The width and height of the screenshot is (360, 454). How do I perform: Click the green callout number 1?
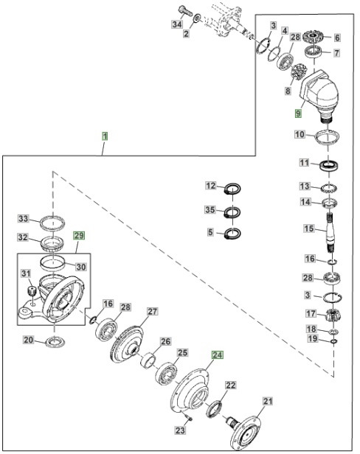105,136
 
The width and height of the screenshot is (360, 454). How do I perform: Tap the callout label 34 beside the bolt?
177,24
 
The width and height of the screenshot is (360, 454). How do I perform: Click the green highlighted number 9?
299,113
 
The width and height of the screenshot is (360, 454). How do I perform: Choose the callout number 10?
299,135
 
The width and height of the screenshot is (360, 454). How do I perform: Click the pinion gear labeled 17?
331,315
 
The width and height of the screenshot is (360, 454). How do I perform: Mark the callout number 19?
313,340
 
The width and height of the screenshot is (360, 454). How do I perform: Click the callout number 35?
210,211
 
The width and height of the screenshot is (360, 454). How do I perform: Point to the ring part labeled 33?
52,221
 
